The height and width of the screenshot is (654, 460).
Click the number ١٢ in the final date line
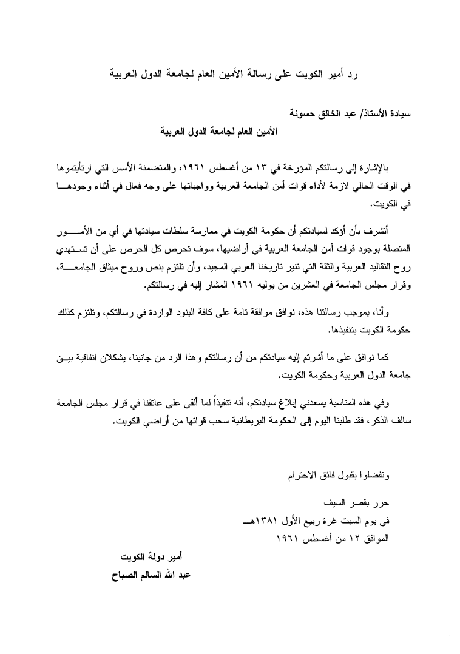tap(354, 537)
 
